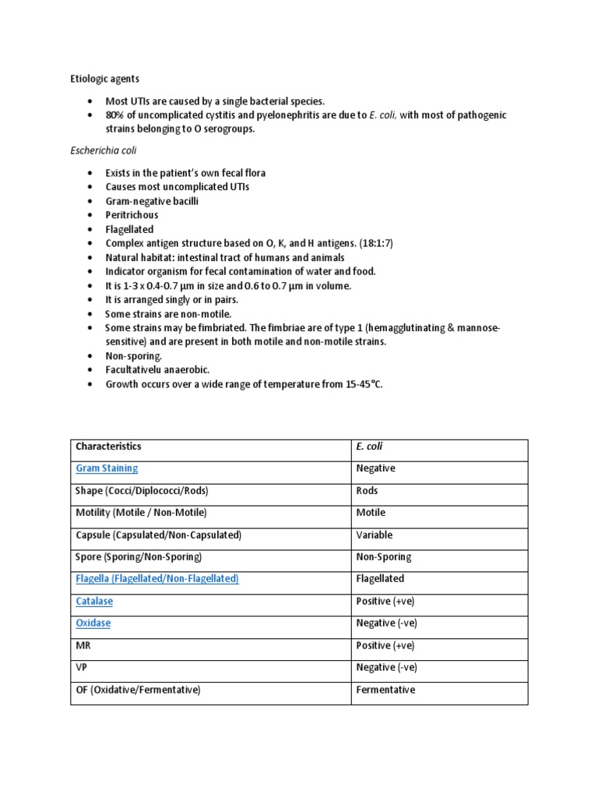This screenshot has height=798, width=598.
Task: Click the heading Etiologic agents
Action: pos(101,79)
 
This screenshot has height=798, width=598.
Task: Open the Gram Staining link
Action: pos(107,468)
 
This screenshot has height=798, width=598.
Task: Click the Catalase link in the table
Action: pos(94,602)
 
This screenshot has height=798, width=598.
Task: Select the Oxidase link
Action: pos(93,623)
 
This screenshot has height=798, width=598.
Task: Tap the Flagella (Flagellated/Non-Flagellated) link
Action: pos(157,579)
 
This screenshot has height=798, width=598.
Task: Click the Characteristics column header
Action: pos(108,447)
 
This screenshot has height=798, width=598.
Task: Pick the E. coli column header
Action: pos(370,447)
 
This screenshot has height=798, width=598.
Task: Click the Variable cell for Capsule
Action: pos(374,535)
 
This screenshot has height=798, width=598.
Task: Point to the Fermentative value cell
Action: pos(385,690)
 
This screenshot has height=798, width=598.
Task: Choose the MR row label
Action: pos(83,645)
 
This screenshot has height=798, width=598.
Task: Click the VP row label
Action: pos(81,668)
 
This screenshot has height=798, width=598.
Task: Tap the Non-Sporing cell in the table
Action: pos(383,557)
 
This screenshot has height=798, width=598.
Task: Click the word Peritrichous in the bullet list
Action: pos(132,214)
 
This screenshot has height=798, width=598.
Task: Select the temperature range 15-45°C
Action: pos(363,385)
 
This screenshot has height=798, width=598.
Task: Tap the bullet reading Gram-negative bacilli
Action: pos(152,200)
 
